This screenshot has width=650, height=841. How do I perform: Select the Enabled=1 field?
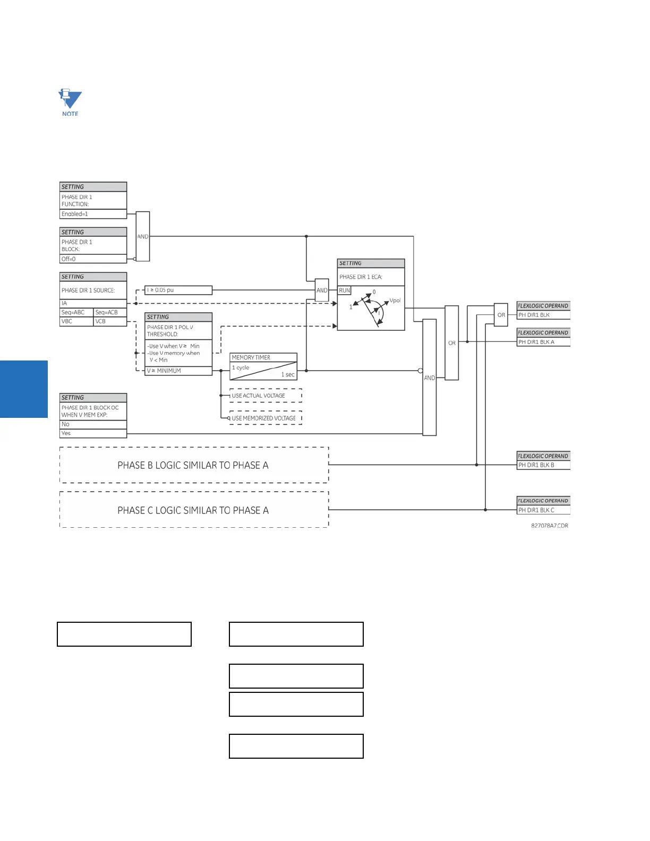93,214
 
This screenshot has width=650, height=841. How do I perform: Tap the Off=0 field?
93,259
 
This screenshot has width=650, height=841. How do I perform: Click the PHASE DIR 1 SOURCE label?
88,290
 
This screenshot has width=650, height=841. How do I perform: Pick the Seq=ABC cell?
76,312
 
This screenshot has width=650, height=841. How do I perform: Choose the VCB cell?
109,321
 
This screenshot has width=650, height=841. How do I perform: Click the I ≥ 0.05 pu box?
178,290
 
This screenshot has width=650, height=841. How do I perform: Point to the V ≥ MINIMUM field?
178,371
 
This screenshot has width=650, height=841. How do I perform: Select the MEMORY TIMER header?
263,357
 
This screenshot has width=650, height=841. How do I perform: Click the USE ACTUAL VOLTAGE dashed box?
266,396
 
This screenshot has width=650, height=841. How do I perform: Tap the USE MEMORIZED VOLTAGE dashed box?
266,418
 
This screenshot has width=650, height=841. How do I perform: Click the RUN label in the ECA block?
345,290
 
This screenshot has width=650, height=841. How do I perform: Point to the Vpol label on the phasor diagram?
395,301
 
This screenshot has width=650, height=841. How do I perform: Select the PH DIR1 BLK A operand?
543,342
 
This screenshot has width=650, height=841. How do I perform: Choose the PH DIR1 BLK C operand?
543,510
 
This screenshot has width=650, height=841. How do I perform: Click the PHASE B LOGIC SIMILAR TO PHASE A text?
193,465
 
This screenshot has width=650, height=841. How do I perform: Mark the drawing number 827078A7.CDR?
550,526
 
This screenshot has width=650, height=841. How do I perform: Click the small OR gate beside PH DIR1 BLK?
501,315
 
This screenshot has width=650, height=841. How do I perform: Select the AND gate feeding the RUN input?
322,290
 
